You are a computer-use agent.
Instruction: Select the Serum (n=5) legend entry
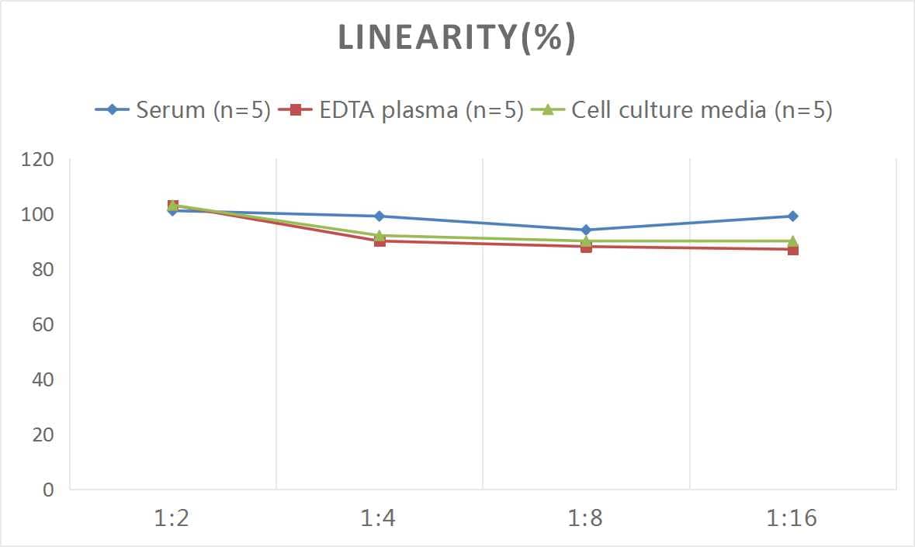(182, 110)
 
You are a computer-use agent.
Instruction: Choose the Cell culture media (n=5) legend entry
(682, 110)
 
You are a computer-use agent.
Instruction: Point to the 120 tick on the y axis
(38, 161)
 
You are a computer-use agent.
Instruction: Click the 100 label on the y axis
(38, 215)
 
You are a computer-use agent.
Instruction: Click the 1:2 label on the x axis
(172, 518)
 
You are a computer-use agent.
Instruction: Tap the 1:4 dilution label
(380, 518)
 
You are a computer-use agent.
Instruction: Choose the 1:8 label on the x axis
(586, 518)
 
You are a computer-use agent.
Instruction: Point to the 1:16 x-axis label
(792, 518)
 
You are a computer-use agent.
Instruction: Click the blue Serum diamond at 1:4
(380, 216)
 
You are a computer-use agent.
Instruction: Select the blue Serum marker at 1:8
(586, 230)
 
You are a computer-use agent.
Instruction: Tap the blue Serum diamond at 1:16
(792, 216)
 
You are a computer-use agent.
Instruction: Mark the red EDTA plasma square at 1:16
(792, 250)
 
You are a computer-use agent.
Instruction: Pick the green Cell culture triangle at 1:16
(792, 241)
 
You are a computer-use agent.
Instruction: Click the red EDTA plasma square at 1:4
(380, 241)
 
